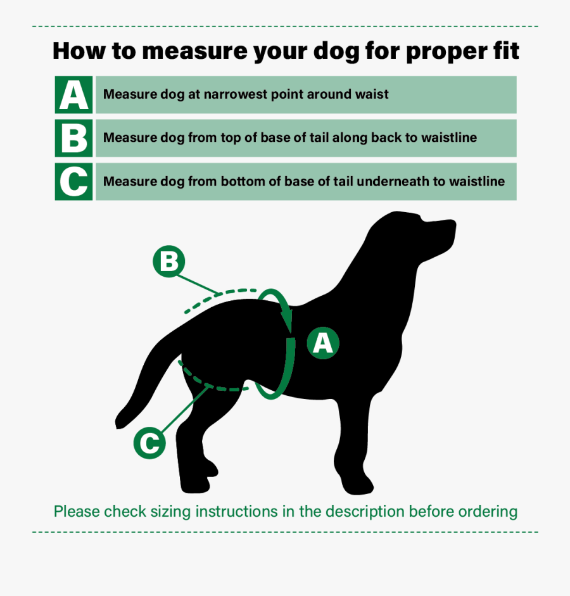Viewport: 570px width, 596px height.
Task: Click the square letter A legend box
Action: coord(73,94)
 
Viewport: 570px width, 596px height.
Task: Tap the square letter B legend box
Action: coord(73,138)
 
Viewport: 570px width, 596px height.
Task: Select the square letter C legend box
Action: coord(73,181)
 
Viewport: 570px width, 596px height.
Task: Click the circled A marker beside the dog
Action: coord(323,343)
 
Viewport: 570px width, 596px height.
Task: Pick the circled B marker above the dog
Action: coord(168,262)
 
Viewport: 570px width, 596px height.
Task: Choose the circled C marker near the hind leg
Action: coord(149,443)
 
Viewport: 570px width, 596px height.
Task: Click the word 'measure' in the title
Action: coord(194,51)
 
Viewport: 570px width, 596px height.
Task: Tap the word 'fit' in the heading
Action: coord(506,50)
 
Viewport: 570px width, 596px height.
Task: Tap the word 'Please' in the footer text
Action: coord(77,512)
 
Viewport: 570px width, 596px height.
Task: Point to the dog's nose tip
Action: coord(453,224)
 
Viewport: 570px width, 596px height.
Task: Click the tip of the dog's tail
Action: coord(118,424)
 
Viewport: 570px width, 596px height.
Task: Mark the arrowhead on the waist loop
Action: coord(287,320)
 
